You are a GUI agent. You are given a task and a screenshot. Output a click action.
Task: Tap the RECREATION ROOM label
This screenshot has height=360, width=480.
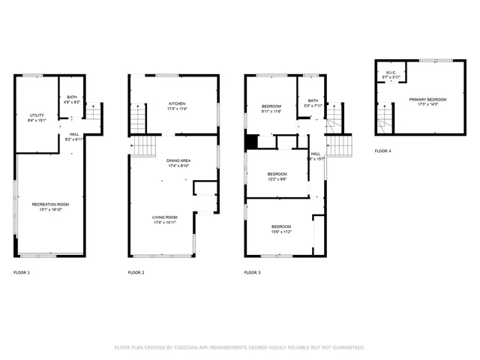coord(50,205)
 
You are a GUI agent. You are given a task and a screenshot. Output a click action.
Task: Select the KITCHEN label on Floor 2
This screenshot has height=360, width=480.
coord(177,103)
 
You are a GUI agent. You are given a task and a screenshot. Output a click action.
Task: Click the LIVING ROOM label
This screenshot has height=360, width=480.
coord(165,217)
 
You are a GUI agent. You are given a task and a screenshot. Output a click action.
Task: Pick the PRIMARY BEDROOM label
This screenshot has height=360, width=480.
coord(427,99)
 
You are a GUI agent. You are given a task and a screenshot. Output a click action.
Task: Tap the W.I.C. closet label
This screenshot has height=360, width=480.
coord(391,73)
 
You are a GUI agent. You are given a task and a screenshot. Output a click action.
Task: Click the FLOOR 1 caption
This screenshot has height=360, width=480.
coord(22,272)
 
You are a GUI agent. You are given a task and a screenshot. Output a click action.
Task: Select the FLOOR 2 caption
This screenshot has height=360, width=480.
coord(136,272)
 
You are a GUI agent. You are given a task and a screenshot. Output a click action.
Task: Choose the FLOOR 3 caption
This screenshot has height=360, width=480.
coord(253,272)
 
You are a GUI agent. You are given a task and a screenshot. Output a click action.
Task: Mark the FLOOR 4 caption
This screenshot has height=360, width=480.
coord(382,151)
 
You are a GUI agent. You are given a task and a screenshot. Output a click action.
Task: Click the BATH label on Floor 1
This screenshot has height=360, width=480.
coord(72,97)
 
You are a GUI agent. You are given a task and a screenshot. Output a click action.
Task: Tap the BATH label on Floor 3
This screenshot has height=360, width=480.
coord(313,100)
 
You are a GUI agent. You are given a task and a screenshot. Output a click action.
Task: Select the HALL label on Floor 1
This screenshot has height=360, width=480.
coord(74,134)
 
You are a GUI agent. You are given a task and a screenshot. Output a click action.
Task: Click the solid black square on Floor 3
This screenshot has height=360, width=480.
coord(252,141)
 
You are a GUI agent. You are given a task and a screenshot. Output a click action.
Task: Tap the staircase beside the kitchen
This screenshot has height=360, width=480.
coord(136,118)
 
